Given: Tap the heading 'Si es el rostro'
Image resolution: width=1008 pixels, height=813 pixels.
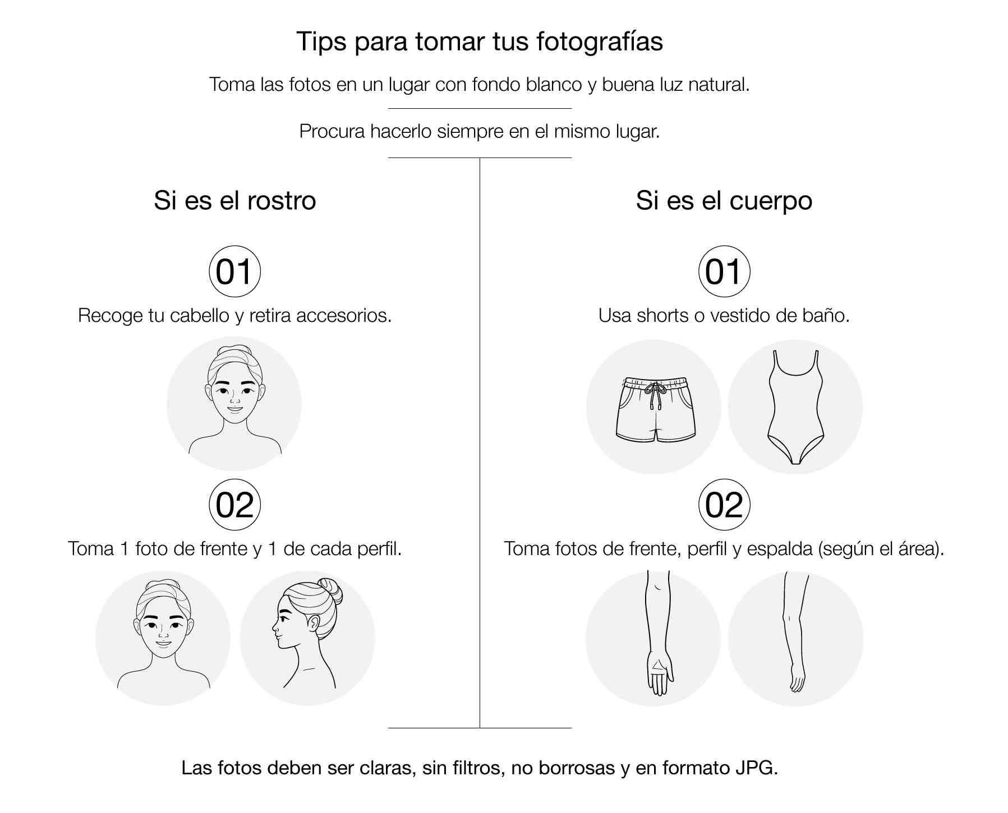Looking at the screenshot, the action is click(x=235, y=201).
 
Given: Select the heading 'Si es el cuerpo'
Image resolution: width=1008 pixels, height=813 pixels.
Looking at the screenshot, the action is click(x=724, y=201).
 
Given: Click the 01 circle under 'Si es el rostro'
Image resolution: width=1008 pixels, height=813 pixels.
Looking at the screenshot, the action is click(x=234, y=271).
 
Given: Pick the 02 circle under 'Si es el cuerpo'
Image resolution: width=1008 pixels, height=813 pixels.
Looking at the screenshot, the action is click(x=724, y=505).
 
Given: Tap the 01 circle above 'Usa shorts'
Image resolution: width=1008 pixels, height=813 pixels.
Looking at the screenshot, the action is click(x=724, y=271).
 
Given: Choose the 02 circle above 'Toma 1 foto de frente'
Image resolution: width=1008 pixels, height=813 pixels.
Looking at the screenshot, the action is click(x=234, y=505).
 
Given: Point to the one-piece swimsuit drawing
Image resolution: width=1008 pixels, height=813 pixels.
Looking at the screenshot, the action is click(x=795, y=407).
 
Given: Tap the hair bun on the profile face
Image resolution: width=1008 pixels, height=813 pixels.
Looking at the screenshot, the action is click(x=330, y=590).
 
